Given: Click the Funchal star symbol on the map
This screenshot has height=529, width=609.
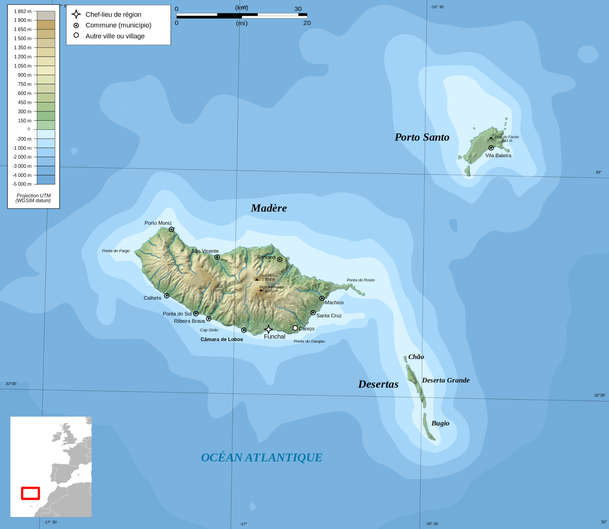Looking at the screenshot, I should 268,329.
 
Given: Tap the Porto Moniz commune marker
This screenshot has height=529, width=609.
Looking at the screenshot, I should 171,229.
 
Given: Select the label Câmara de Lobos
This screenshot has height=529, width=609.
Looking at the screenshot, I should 222,339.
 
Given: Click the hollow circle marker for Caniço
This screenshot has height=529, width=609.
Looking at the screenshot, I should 295,328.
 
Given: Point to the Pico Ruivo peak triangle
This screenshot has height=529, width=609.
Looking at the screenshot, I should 257,279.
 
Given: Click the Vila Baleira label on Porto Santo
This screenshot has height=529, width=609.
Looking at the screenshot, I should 498,155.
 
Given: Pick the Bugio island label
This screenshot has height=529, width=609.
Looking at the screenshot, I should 440,423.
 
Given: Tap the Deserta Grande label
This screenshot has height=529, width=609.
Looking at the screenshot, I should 445,380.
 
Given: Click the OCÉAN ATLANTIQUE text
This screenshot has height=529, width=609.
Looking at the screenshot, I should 261,457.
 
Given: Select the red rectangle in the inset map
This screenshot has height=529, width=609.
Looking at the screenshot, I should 30,493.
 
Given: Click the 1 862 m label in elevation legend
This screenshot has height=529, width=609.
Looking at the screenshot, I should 23,11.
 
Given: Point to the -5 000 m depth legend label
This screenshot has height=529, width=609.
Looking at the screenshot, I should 22,184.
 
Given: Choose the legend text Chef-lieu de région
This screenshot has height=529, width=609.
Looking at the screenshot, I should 113,14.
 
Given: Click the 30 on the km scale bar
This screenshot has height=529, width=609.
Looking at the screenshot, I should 298,9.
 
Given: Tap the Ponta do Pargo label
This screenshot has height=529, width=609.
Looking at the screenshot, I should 116,251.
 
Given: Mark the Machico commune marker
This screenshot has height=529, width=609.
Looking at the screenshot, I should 322,298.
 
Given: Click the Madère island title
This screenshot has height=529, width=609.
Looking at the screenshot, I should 269,208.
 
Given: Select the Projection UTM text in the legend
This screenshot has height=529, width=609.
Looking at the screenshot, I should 33,196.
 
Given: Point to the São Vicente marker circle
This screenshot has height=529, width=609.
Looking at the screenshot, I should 217,257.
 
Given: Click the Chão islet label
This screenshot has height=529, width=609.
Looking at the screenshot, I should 416,357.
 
